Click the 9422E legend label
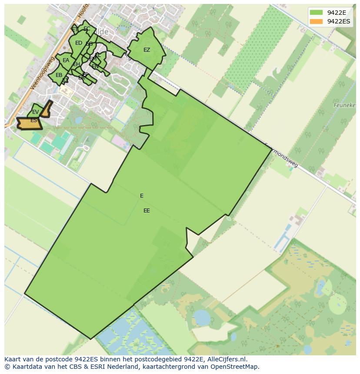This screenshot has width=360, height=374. pos(337,13)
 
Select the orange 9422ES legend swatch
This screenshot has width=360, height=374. pos(316,21)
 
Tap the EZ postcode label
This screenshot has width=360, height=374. pos(147,50)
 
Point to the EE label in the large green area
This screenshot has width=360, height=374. pos(147,211)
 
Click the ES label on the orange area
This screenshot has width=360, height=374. pos(33,121)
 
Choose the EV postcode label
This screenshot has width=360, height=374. pos(35,112)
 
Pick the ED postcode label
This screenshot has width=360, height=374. pos(79,43)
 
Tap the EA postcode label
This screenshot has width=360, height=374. pos(66,60)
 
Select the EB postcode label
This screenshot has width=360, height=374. pos(59,75)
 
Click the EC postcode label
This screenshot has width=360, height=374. pos(87,29)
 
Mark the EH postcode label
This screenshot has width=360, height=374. pos(76,65)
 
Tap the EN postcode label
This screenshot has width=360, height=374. pos(95,66)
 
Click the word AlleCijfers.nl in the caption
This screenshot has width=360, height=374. pos(226,359)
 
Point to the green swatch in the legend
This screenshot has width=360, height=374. pos(316,13)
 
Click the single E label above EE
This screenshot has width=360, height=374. pos(142,196)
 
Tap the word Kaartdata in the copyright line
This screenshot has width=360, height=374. pos(25,367)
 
